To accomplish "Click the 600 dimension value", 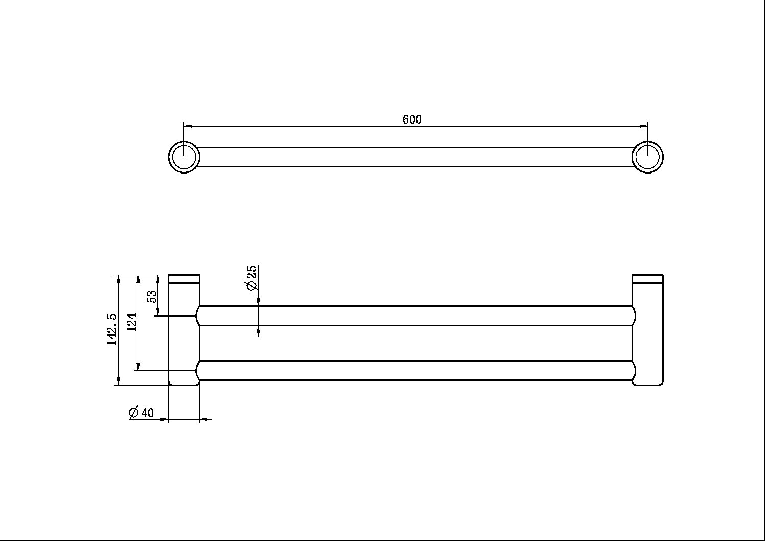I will [412, 120].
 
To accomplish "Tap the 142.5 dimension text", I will [112, 330].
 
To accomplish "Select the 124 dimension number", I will [132, 323].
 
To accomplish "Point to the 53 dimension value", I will [152, 297].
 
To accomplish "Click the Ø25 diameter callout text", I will [252, 279].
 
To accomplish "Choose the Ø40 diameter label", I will [141, 413].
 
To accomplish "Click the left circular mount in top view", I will [183, 156].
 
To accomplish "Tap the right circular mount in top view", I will [647, 156].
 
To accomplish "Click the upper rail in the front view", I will [415, 315].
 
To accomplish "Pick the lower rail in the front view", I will [415, 371].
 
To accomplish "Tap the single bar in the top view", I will [415, 157].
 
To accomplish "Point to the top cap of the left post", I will [184, 279].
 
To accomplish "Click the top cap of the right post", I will [647, 279].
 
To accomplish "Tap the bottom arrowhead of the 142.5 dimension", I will [118, 381].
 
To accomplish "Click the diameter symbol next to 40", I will [134, 412].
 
